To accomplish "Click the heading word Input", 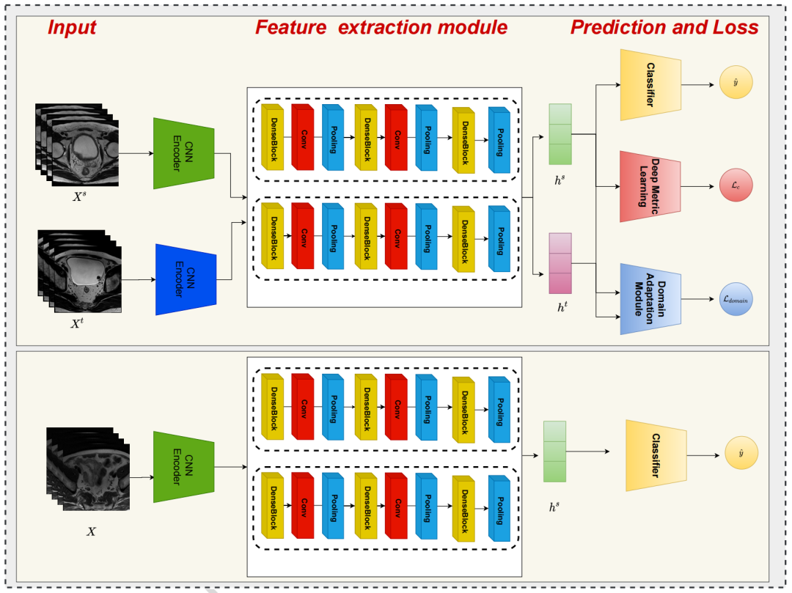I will pyautogui.click(x=72, y=28).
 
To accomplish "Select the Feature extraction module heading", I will pyautogui.click(x=381, y=28).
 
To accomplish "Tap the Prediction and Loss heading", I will pyautogui.click(x=664, y=28).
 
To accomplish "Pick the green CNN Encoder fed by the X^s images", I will pyautogui.click(x=183, y=153).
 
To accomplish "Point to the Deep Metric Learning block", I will pyautogui.click(x=650, y=187).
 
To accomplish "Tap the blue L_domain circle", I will pyautogui.click(x=736, y=298).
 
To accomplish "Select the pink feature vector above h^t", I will pyautogui.click(x=560, y=263).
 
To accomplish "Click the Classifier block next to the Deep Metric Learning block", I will pyautogui.click(x=650, y=84).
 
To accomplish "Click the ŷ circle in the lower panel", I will pyautogui.click(x=741, y=455).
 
